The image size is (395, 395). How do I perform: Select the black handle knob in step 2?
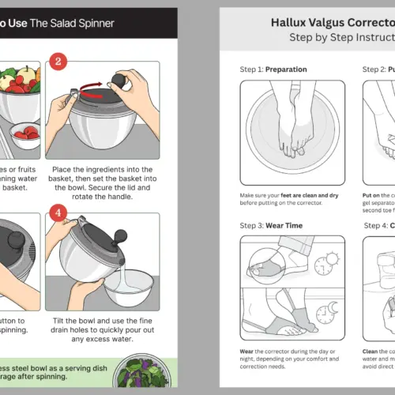pyautogui.click(x=120, y=81)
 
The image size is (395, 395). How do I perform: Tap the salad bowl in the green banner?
pyautogui.click(x=141, y=374)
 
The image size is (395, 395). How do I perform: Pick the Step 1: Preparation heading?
pyautogui.click(x=273, y=70)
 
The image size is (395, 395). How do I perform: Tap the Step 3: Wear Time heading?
pyautogui.click(x=274, y=225)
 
